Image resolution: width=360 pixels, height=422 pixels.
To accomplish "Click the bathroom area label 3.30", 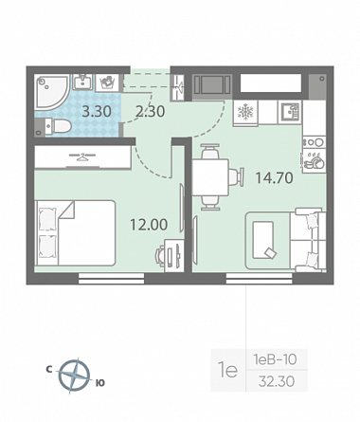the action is [97, 111].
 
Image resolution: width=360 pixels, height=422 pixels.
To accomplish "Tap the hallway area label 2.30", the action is [150, 111].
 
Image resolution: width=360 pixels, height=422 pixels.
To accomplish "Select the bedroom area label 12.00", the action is [149, 225].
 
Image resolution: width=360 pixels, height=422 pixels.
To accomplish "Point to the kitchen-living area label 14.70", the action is [274, 178].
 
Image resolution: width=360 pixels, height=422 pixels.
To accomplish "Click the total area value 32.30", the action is [277, 381].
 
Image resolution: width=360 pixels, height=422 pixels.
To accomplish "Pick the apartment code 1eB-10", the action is [275, 359].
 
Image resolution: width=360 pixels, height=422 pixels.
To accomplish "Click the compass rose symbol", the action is [74, 376].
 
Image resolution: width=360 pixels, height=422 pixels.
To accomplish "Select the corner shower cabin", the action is [51, 92].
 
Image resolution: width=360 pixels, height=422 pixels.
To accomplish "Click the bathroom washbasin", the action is [83, 83].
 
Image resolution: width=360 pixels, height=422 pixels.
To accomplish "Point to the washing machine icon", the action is [107, 83].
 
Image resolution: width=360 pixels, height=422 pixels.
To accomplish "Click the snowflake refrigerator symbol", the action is [245, 112].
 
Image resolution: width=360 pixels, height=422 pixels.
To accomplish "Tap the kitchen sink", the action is [290, 113].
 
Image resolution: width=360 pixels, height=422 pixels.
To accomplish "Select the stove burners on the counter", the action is [314, 142].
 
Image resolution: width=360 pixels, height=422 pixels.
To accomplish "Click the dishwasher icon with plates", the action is [314, 160].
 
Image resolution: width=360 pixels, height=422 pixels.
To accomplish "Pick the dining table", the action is [210, 177].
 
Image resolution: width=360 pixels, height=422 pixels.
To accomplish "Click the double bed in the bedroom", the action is [75, 232].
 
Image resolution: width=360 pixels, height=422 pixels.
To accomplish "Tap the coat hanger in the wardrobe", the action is [82, 156].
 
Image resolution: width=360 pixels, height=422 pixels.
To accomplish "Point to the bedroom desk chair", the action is [159, 255].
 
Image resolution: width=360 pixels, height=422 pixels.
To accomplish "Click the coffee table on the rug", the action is [263, 239].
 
